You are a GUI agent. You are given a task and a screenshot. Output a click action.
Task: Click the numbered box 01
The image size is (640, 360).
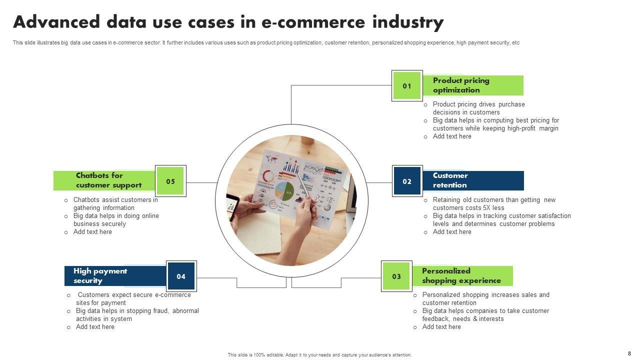pos(407,85)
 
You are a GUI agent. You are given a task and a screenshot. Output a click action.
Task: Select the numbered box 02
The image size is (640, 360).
pos(407,181)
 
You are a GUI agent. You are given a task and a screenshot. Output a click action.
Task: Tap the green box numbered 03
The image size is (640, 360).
pos(396,276)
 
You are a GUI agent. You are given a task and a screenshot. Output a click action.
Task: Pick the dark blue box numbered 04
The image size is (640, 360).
pos(181,276)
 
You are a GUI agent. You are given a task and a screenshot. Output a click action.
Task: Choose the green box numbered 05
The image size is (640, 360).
pos(170,181)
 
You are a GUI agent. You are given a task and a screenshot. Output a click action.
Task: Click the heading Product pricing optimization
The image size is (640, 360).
pos(461,85)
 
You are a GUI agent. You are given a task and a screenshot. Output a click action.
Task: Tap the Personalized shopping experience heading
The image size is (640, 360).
pos(461,276)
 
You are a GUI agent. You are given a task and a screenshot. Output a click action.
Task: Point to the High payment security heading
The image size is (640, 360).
pos(100,276)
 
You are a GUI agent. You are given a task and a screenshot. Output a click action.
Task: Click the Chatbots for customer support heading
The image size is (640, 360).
pos(108,180)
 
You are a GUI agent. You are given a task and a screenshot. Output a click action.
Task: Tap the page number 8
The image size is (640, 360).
pos(629,353)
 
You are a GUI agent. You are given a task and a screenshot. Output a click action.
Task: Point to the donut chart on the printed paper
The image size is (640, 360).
pos(268,176)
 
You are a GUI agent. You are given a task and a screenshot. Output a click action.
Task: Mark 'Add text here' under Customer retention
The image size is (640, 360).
pos(452,232)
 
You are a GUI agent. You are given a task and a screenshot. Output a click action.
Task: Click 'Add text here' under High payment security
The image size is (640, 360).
pos(95,327)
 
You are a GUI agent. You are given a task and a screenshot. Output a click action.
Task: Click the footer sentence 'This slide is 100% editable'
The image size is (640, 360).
pos(319,355)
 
